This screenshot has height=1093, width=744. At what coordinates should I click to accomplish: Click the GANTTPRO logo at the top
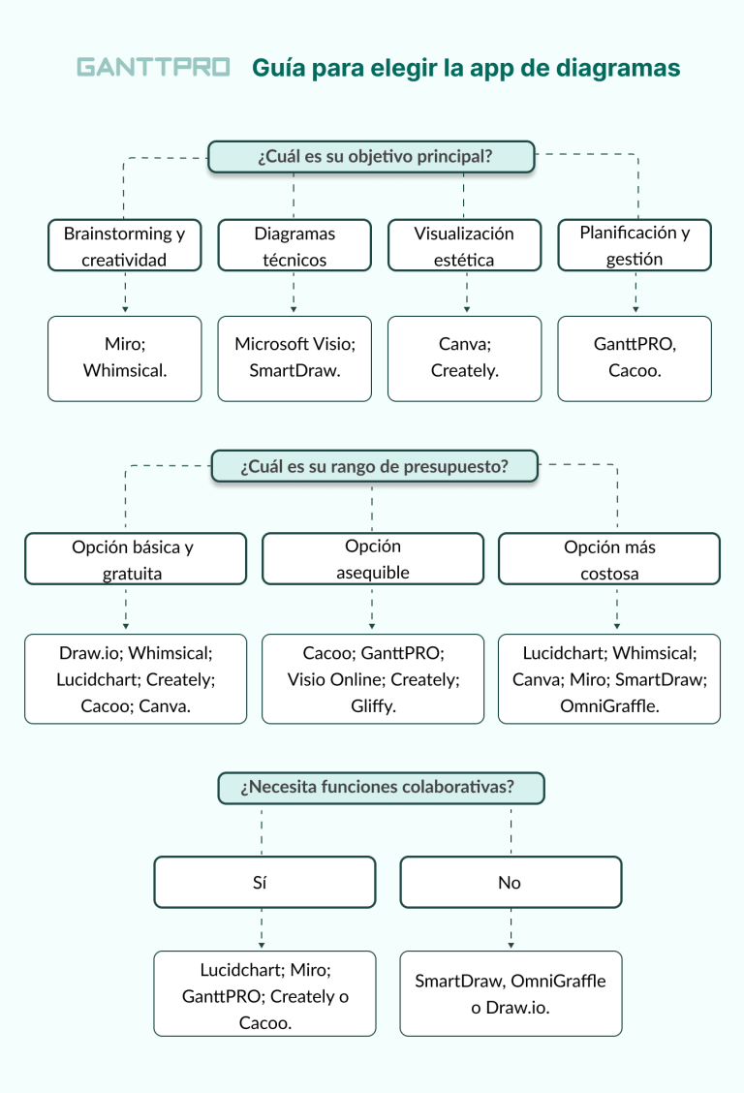pos(153,68)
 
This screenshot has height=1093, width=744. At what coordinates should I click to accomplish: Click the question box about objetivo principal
pos(371,157)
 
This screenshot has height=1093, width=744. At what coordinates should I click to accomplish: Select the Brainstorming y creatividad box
pos(124,245)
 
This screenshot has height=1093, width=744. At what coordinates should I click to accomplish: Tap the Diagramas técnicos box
pos(294,245)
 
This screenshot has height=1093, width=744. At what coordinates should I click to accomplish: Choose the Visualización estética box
pos(464,245)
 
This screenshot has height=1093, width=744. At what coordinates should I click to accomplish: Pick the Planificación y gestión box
pos(635,245)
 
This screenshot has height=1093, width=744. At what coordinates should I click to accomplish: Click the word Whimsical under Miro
pos(125,370)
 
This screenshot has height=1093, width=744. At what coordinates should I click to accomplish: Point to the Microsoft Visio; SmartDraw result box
pos(294,358)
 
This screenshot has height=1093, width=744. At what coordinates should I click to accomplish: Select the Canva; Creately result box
pos(464,358)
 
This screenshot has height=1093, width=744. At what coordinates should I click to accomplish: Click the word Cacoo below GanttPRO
pos(635,370)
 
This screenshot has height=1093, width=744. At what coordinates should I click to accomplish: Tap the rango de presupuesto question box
pos(374,466)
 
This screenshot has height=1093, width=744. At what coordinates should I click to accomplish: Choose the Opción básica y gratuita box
pos(135,559)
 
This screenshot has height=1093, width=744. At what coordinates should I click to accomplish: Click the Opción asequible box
pos(372,559)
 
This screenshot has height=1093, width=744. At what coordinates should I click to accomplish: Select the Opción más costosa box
pos(609,559)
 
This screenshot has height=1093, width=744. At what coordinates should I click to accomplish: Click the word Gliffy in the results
pos(372,705)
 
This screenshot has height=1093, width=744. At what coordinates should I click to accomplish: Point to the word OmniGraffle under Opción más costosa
pos(608,705)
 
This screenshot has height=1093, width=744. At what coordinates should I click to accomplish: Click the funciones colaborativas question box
pos(381,788)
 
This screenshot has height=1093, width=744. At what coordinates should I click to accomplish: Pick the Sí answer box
pos(263,882)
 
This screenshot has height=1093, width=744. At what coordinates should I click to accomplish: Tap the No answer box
pos(511,882)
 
